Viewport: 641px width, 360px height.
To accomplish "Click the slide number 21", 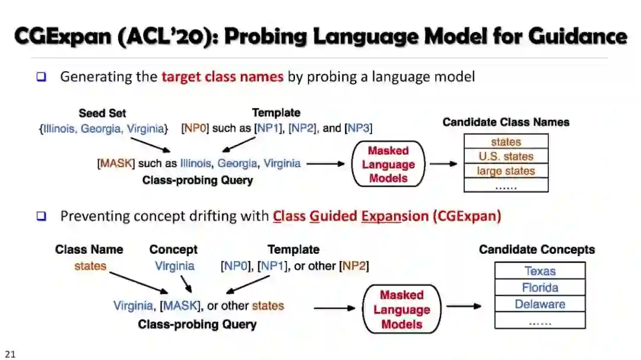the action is pos(9,354).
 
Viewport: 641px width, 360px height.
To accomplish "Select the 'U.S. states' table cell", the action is pos(506,157).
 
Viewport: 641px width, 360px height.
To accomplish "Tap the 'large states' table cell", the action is pos(506,171).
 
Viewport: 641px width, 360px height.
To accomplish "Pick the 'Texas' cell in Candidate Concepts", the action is pos(540,271).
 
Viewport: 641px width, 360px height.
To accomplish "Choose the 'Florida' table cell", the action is pos(540,288).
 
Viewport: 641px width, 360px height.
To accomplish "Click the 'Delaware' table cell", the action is pos(540,304).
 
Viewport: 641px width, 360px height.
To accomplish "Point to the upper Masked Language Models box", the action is pos(388,164).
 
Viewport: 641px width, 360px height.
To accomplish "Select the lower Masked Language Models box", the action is pos(401,310).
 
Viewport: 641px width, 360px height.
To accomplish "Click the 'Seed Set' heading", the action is pos(102,113).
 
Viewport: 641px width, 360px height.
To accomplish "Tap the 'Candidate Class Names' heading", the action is pos(506,122).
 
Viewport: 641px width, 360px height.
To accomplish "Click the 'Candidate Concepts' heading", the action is pos(537,250).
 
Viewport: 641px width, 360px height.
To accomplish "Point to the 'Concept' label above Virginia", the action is pos(173,250).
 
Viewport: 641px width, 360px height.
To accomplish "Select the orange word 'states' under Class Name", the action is pos(90,266).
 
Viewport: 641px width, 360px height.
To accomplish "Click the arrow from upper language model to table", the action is pos(443,164).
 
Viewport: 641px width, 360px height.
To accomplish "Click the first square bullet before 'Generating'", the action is pos(41,77).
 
